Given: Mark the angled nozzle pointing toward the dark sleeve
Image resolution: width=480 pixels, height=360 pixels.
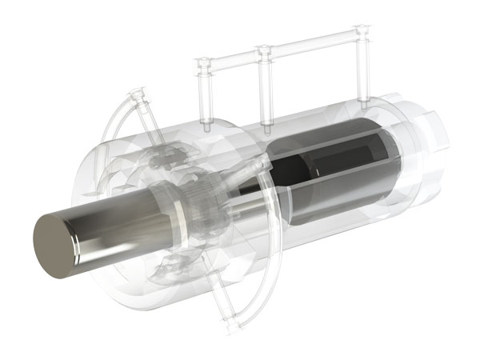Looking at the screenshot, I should [256, 167].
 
